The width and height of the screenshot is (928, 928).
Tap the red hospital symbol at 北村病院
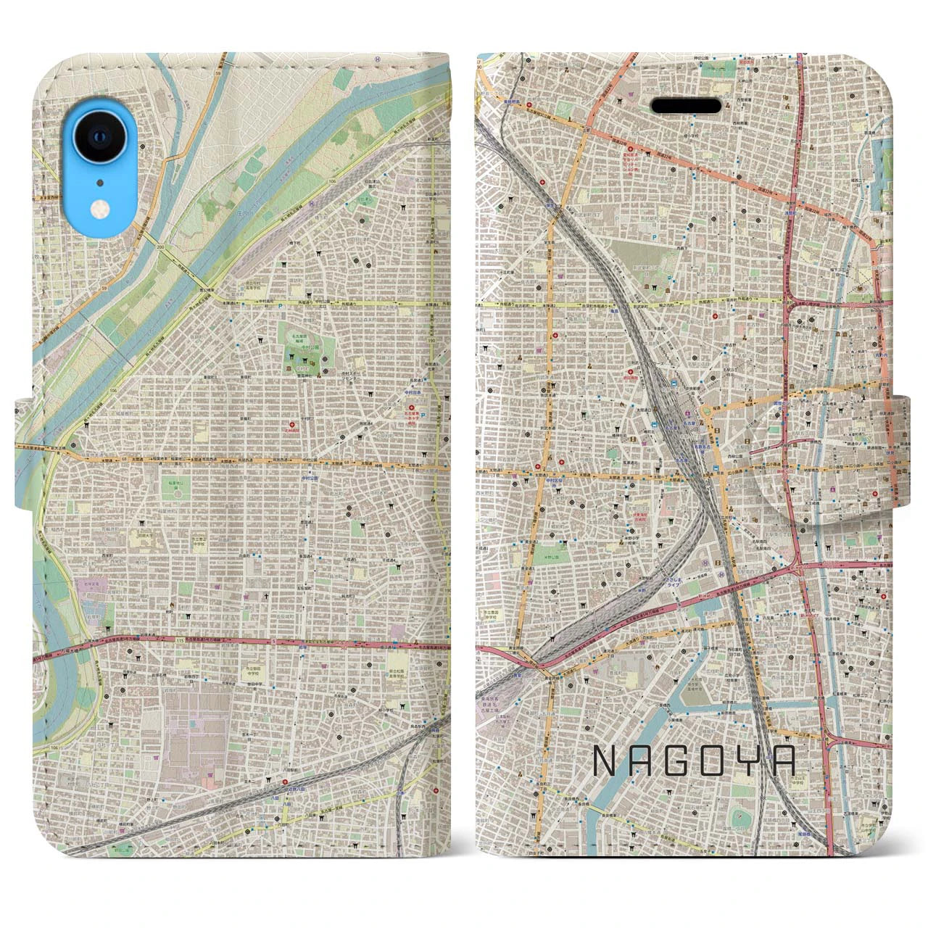tap(292, 424)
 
